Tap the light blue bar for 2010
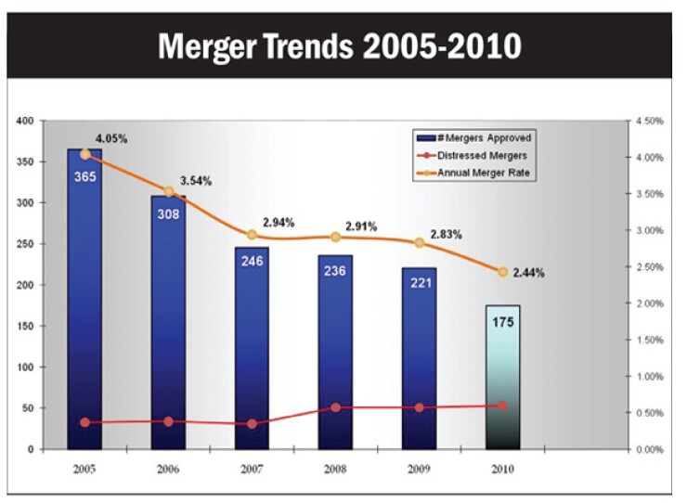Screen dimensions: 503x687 [x=502, y=376]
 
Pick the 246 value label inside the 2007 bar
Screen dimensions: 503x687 [x=252, y=261]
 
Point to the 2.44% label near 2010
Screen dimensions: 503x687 [x=528, y=273]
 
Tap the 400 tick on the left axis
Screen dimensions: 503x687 [x=24, y=121]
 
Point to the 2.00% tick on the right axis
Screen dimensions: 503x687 [x=648, y=303]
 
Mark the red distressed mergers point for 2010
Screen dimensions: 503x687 [x=502, y=406]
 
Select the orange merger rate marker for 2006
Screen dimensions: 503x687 [x=168, y=192]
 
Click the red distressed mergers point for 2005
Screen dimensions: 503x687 [x=85, y=422]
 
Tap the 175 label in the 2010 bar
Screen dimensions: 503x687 [x=502, y=322]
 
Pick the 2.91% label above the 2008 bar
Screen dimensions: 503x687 [x=361, y=226]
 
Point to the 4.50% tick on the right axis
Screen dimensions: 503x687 [x=648, y=121]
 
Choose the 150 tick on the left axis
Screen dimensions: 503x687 [x=24, y=326]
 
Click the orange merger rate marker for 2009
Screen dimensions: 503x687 [x=419, y=242]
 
